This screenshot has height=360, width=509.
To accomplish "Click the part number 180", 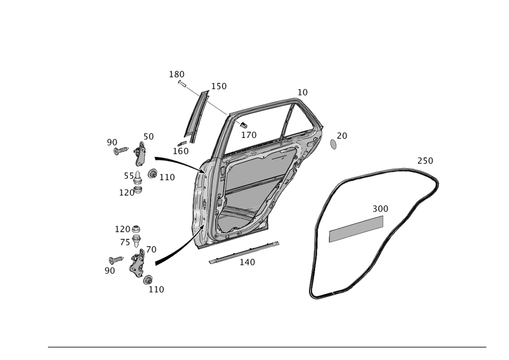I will pos(176,75).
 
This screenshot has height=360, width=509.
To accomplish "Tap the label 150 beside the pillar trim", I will pos(219,87).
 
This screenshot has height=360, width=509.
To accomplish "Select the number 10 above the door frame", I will pos(302,92).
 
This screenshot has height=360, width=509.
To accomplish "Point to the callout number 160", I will pos(181,151).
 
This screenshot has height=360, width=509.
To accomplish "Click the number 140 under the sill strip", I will pos(247,262).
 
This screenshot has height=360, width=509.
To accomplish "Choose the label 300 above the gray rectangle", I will pos(380,209).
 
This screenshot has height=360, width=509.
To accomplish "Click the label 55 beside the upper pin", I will pos(128,176).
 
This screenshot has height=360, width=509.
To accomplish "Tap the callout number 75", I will pos(125,242).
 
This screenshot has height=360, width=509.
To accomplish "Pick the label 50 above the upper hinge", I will pos(148,136).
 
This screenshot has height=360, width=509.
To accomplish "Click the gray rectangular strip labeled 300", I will pos(356,229).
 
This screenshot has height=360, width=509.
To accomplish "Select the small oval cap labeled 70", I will pos(332,144).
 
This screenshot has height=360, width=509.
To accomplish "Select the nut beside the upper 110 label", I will pos(151,175).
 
